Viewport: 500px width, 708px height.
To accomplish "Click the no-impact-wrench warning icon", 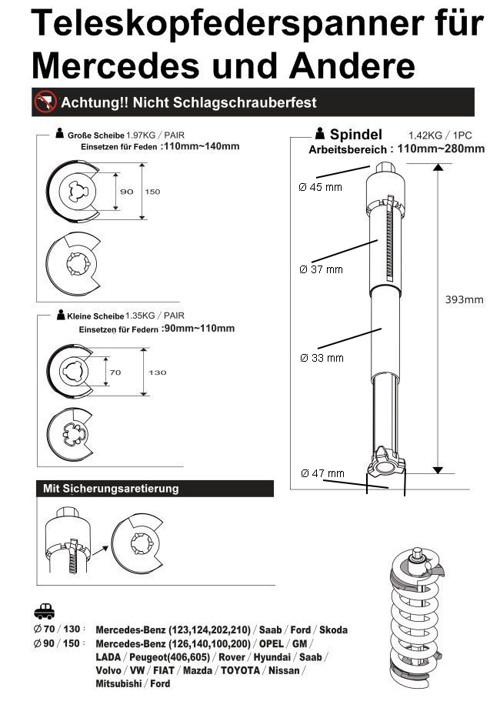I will point(46,102).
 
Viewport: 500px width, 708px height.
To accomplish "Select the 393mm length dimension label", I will point(464,299).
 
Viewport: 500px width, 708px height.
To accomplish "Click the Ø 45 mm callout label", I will point(321,188).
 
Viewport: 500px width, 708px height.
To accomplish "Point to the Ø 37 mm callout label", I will point(321,269).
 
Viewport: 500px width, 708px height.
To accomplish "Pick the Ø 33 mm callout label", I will point(321,358).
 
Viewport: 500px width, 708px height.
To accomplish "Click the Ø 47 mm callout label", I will point(322,473).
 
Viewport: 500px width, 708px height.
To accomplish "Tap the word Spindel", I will point(355,134).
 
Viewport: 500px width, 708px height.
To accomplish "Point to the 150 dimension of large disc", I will point(152,192).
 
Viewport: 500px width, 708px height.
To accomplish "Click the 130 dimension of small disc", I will point(157,372).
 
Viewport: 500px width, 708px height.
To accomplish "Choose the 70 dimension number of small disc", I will point(116,372).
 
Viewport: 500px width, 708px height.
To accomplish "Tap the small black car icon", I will point(45,613).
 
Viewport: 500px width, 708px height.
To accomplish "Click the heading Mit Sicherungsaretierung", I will point(111,489).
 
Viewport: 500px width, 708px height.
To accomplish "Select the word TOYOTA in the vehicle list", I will point(241,671).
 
